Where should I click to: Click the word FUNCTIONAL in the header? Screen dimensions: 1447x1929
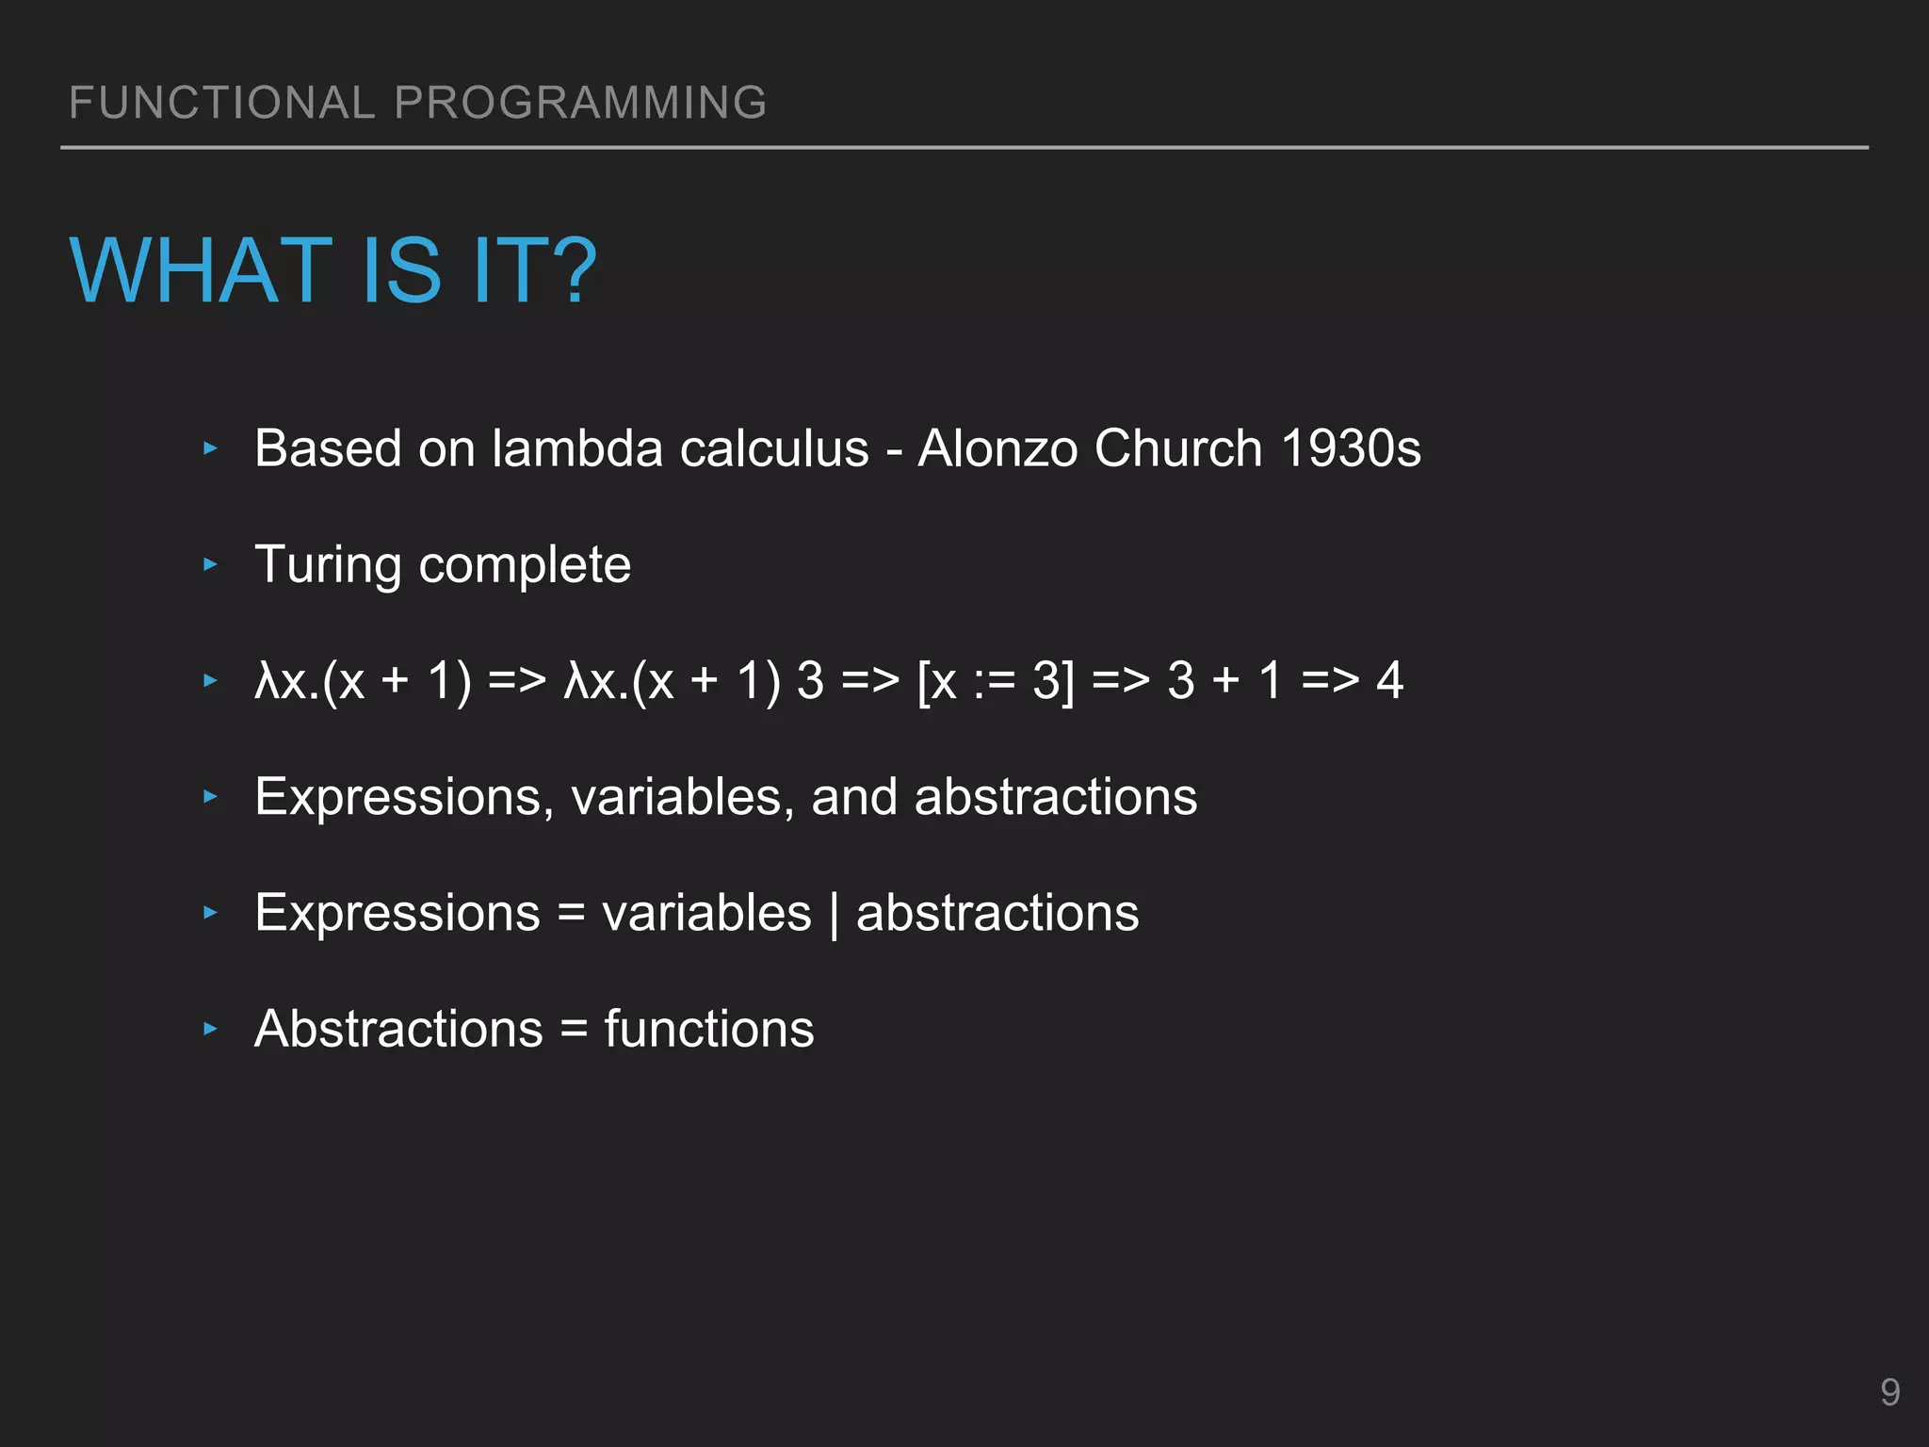coord(222,103)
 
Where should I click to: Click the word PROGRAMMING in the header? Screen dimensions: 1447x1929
coord(580,103)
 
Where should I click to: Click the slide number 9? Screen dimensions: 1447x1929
coord(1889,1392)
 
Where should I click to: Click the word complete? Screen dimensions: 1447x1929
coord(525,565)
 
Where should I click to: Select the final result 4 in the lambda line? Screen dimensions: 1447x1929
coord(1389,680)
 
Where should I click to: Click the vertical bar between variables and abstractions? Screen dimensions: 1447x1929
coord(835,914)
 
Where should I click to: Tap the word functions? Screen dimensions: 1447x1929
coord(708,1029)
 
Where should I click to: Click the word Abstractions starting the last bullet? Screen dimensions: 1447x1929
coord(398,1029)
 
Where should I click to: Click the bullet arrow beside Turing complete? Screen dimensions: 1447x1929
coord(211,565)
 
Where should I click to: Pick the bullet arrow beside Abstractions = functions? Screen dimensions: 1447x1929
coord(211,1029)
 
